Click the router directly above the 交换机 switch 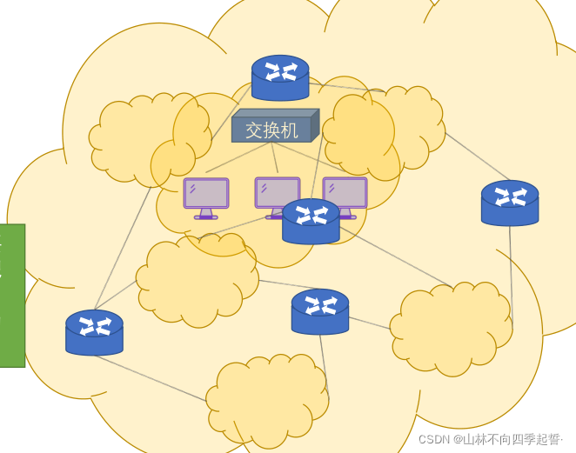click(x=280, y=78)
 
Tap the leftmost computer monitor click(x=206, y=194)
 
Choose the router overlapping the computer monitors click(x=311, y=222)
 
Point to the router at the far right click(x=510, y=203)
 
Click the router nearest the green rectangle click(x=94, y=332)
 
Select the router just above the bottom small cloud click(x=320, y=312)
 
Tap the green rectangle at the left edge click(x=12, y=296)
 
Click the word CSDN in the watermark click(x=433, y=439)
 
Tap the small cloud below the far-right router click(x=451, y=329)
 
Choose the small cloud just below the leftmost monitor click(x=197, y=278)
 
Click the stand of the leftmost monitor click(x=206, y=214)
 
